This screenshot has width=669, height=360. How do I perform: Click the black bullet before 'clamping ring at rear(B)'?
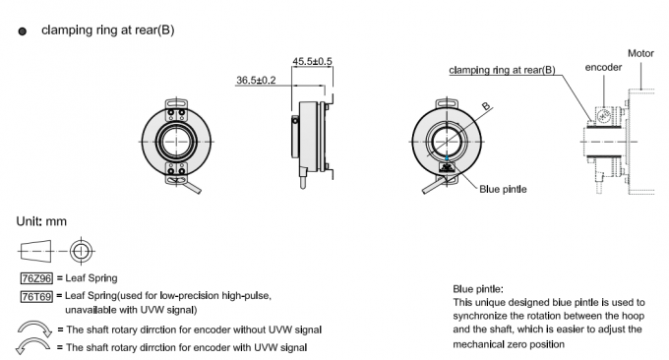tap(23, 31)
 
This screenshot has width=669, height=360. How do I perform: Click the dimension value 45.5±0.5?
tap(313, 61)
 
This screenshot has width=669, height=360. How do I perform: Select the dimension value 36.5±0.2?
tap(257, 80)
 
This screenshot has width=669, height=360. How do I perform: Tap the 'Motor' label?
tap(640, 52)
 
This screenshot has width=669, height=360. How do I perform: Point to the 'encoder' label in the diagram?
tap(603, 68)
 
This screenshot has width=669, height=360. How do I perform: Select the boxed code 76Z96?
tap(35, 279)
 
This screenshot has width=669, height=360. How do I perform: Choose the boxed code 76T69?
tap(35, 295)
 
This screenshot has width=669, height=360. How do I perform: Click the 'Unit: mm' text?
tap(42, 221)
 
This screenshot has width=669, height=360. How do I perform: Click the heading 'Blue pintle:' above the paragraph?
tap(479, 289)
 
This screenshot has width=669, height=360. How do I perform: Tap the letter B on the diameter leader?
tap(486, 105)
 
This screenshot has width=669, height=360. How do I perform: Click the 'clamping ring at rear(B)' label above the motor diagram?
tap(502, 71)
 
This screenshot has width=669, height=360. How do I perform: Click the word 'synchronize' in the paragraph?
tap(485, 316)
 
